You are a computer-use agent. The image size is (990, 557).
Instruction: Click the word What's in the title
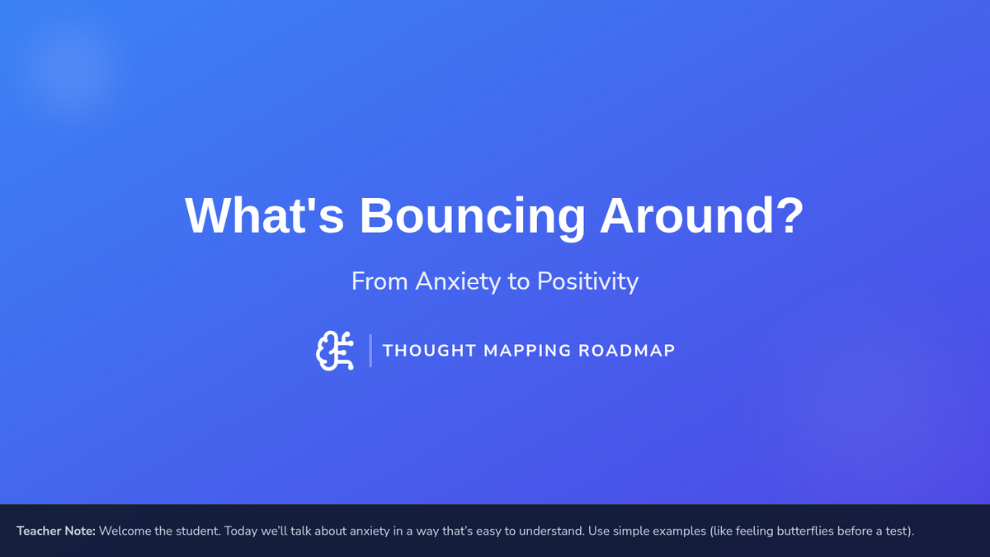click(x=264, y=215)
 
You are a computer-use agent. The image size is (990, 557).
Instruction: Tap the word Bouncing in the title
click(x=473, y=219)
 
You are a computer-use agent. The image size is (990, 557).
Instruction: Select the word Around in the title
click(x=686, y=215)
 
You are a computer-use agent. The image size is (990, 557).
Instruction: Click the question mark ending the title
click(x=790, y=215)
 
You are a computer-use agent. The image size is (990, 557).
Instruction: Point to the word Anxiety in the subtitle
click(x=457, y=281)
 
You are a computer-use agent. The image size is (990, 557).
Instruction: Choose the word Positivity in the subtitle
click(x=587, y=281)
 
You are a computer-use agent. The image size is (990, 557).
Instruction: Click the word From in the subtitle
click(x=379, y=281)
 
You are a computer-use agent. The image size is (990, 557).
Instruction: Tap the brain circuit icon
click(x=335, y=351)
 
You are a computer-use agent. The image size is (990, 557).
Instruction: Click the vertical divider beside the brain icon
click(x=370, y=351)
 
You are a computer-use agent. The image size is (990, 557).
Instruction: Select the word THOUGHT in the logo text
click(x=429, y=351)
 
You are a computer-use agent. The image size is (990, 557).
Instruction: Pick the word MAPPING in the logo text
click(x=527, y=351)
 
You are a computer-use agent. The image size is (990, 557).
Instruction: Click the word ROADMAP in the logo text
click(x=627, y=351)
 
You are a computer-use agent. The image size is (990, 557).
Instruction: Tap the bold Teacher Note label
click(x=56, y=531)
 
